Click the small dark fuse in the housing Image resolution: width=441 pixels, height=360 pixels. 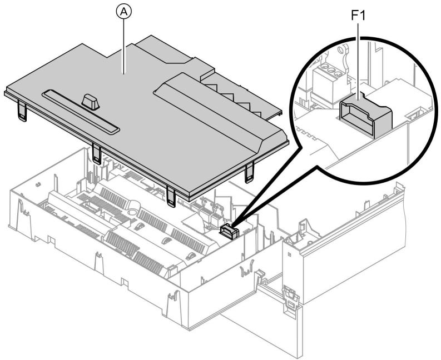pyautogui.click(x=227, y=231)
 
